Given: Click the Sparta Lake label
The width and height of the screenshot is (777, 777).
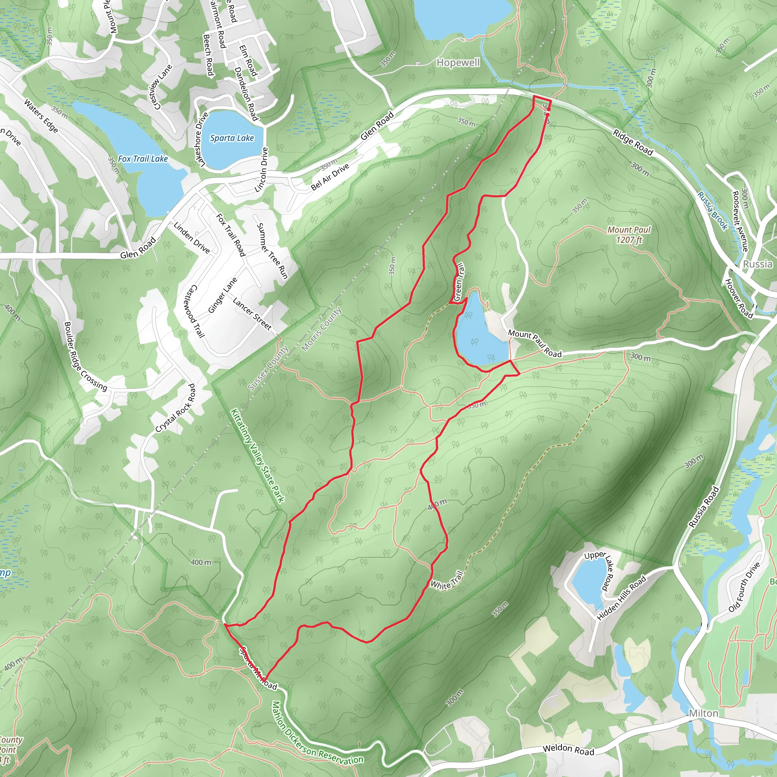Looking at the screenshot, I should click(232, 138).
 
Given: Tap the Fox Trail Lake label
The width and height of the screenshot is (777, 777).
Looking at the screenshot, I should click(143, 159).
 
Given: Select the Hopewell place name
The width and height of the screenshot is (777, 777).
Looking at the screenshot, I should click(458, 63).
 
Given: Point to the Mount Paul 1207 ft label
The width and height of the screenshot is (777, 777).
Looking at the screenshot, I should click(629, 234).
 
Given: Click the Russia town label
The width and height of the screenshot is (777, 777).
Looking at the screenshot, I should click(757, 264).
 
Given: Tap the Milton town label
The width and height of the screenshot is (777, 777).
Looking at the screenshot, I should click(703, 713).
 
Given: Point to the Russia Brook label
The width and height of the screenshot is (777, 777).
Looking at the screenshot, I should click(712, 211).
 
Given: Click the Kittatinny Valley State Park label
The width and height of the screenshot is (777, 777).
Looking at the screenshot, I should click(257, 456).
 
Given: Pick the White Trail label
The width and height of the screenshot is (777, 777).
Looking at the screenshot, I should click(447, 580).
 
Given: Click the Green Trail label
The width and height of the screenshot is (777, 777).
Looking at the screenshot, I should click(458, 282).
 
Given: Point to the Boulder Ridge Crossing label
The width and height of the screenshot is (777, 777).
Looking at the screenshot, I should click(85, 356).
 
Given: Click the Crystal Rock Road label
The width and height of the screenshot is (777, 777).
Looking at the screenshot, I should click(176, 408).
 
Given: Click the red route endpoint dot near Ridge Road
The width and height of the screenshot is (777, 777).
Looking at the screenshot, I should click(548, 114).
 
